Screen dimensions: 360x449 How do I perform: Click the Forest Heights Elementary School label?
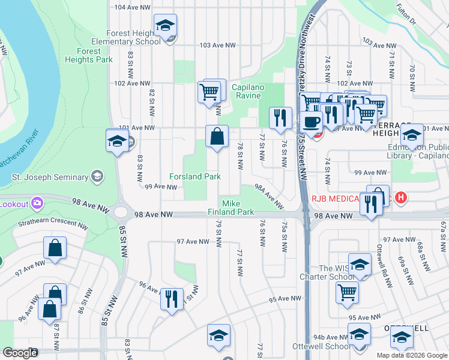coord(125,38)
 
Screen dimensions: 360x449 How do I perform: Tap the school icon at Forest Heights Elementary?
coord(165,26)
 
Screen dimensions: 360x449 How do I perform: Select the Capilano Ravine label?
coord(247,91)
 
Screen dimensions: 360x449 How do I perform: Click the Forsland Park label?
coord(195,177)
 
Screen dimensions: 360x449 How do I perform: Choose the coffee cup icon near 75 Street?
coord(311,122)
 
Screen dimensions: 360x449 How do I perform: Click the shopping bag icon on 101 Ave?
coord(217,136)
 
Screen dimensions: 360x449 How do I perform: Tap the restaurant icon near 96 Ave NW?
coord(172,298)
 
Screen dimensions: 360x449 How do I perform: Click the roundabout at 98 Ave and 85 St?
coord(122,212)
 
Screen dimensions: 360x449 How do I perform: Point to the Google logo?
coord(20,353)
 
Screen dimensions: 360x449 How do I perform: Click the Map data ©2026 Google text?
coord(411,355)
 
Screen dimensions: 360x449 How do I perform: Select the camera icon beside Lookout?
coord(37,203)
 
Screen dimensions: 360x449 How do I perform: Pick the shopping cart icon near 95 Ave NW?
coord(347,293)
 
